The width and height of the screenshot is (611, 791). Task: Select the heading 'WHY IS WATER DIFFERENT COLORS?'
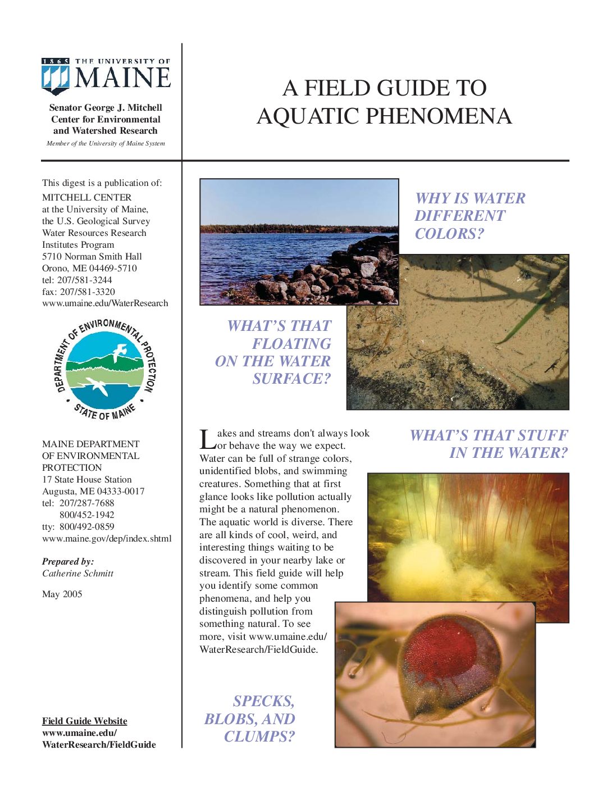470,216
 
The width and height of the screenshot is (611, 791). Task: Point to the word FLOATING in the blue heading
291,344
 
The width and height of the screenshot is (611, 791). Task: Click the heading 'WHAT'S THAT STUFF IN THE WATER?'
489,444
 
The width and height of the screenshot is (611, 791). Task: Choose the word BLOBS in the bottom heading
234,719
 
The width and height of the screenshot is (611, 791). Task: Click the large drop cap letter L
206,439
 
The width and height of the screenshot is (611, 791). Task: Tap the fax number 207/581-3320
86,292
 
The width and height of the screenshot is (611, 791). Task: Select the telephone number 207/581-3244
84,280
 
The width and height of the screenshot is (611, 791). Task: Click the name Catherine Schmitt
77,573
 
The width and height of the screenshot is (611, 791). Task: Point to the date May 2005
62,594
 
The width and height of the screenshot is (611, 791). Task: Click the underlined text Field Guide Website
84,721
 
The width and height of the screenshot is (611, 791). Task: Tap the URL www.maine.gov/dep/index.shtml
107,538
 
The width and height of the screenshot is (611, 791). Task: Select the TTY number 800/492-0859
86,526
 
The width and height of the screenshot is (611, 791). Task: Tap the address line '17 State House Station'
86,479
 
